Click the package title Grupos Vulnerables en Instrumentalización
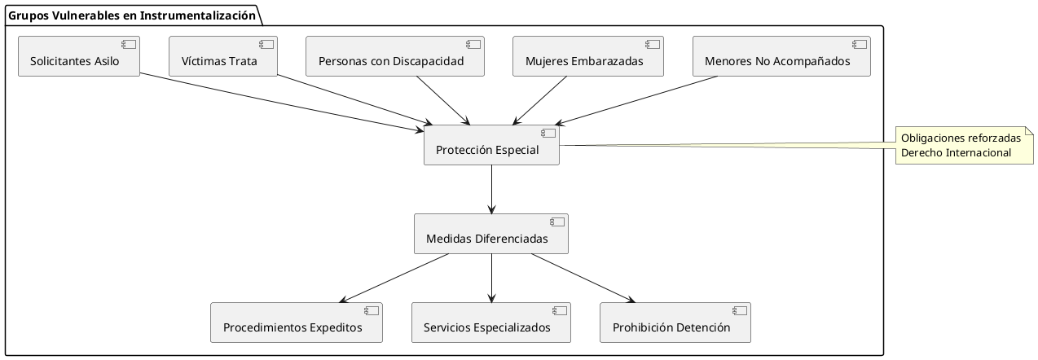pyautogui.click(x=130, y=13)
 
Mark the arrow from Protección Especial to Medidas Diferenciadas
pyautogui.click(x=491, y=189)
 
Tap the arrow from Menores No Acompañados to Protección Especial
pyautogui.click(x=636, y=100)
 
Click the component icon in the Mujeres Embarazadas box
pyautogui.click(x=652, y=44)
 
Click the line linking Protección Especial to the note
pyautogui.click(x=725, y=147)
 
